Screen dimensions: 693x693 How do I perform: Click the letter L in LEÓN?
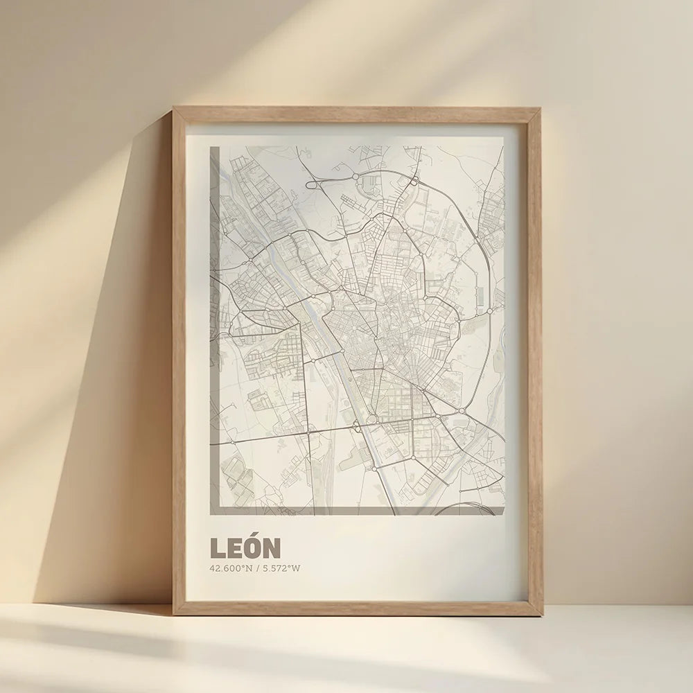coord(218,548)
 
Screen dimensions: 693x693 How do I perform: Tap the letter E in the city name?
coord(234,548)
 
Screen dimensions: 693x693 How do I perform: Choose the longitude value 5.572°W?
coord(283,569)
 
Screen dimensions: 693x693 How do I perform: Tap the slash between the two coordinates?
coord(258,569)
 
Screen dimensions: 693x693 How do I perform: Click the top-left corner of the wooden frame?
coord(175,109)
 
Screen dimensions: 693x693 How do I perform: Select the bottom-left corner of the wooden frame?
coord(175,613)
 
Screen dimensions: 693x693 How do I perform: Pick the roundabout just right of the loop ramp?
coord(356,177)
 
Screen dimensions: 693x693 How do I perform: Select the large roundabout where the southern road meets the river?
coord(371,419)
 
